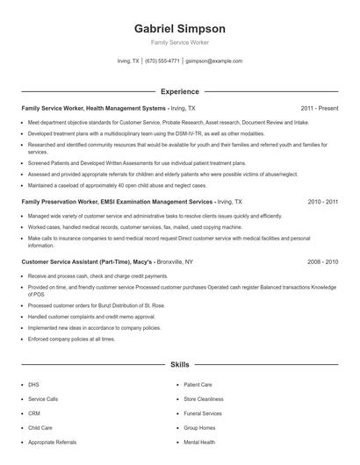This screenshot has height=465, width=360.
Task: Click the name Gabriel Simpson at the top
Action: point(179,28)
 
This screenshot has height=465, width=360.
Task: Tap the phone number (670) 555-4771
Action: point(162,61)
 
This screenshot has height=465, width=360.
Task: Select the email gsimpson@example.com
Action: point(214,61)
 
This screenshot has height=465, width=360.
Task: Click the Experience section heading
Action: point(179,91)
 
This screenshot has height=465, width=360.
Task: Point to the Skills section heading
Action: point(179,363)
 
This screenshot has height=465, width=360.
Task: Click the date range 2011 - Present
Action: point(319,108)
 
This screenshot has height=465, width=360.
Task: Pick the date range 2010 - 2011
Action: point(322,201)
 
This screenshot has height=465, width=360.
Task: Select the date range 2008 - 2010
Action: point(322,261)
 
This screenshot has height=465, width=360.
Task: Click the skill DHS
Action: point(34,384)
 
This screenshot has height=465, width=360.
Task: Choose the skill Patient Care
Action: point(198,384)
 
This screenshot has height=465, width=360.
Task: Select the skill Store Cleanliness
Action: point(203,398)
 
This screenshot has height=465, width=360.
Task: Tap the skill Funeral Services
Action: point(203,412)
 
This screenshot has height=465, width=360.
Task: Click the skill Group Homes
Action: point(199,427)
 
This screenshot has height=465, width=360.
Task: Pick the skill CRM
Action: point(34,412)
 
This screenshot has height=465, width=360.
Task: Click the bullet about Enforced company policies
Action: point(72,338)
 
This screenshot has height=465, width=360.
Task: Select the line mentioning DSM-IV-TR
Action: point(132,133)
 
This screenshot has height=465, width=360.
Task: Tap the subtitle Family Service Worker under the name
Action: point(179,42)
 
